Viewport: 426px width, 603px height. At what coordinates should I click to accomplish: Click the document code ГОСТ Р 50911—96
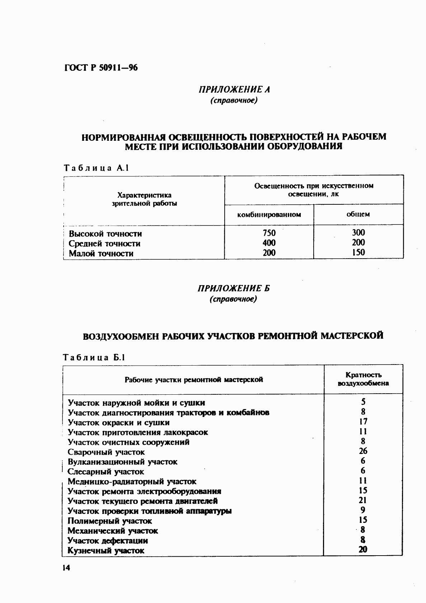[x=101, y=68]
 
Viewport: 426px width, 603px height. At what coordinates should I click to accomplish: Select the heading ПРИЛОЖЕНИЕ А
[x=234, y=89]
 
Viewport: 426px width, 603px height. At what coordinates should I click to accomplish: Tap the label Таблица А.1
[x=96, y=168]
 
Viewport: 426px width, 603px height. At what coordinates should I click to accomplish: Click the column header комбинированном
[x=269, y=215]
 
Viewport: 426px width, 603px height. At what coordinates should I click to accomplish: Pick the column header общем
[x=358, y=214]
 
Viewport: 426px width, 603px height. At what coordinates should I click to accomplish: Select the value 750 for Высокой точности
[x=269, y=233]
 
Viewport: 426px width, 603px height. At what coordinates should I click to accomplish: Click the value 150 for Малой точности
[x=358, y=252]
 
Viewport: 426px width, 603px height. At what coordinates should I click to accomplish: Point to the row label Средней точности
[x=104, y=243]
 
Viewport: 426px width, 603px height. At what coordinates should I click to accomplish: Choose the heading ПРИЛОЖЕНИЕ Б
[x=234, y=288]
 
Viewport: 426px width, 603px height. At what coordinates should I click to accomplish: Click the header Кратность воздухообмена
[x=363, y=379]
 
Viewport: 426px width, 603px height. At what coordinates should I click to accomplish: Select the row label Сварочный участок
[x=106, y=452]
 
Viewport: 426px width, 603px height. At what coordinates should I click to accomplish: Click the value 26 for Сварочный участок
[x=363, y=451]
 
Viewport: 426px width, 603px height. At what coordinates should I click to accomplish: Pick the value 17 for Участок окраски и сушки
[x=363, y=422]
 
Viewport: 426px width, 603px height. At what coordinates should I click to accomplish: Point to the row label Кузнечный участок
[x=106, y=551]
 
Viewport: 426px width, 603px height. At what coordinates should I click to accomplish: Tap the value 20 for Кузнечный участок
[x=363, y=549]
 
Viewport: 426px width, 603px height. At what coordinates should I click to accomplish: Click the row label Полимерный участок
[x=110, y=521]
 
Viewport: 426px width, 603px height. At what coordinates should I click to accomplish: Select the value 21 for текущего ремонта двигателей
[x=363, y=500]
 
